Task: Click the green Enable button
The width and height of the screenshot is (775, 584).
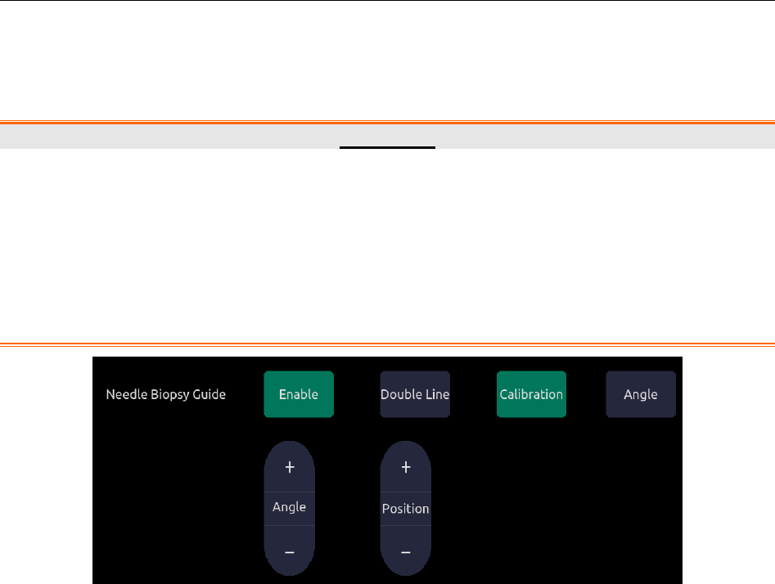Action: coord(299,394)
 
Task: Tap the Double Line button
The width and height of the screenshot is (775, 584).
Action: coord(415,394)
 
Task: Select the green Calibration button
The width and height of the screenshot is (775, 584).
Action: coord(531,394)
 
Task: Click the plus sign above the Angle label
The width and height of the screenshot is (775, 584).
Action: coord(289,467)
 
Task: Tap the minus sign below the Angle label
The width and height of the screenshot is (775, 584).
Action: coord(289,552)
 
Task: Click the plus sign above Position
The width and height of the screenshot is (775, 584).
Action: coord(406,467)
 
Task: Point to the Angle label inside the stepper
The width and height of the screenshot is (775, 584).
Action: coord(289,507)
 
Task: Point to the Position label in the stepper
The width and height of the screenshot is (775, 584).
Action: coord(406,509)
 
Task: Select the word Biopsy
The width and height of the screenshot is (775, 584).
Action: coord(170,395)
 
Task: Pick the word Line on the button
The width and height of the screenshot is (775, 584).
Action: coord(437,394)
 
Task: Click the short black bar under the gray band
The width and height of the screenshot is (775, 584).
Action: coord(388,148)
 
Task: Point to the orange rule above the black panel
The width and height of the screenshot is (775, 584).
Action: coord(387,344)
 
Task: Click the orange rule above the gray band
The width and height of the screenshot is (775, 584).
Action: coord(387,122)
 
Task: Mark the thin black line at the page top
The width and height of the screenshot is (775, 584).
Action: coord(387,1)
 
